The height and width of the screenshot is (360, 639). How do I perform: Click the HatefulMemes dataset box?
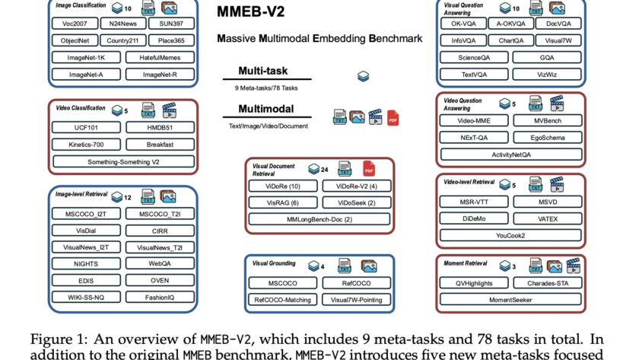click(x=160, y=58)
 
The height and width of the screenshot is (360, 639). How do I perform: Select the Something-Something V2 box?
click(x=123, y=162)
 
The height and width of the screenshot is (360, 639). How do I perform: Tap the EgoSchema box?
click(x=547, y=138)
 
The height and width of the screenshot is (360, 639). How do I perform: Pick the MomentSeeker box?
click(x=510, y=300)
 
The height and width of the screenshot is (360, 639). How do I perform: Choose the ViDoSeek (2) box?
click(x=357, y=202)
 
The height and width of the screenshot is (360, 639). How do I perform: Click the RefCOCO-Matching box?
click(x=282, y=300)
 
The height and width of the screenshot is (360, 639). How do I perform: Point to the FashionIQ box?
click(x=160, y=298)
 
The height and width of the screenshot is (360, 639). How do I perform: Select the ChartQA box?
click(x=510, y=40)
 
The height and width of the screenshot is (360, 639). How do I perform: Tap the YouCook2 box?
click(x=510, y=235)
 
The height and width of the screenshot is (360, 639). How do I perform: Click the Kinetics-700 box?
click(x=86, y=145)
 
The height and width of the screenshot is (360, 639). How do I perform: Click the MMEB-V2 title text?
click(x=250, y=11)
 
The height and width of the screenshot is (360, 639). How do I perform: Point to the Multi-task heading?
click(x=263, y=71)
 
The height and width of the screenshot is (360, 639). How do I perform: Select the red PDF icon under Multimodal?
click(x=393, y=118)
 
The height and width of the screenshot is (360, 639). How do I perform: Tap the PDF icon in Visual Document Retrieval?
click(x=369, y=169)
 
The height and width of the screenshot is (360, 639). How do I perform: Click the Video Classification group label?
click(x=81, y=108)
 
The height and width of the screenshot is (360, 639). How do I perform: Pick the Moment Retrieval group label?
click(x=466, y=263)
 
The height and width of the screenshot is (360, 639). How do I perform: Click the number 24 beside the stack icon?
click(x=324, y=170)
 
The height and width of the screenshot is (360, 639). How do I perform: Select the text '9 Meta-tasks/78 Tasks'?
click(x=266, y=88)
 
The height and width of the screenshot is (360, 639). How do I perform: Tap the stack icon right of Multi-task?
click(x=363, y=76)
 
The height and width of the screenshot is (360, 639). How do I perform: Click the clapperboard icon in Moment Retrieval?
click(x=573, y=266)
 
